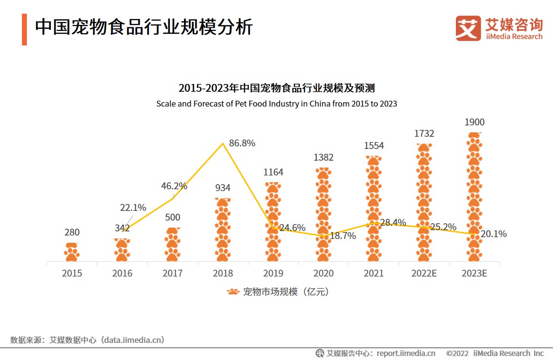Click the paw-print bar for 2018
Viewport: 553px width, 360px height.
pyautogui.click(x=223, y=230)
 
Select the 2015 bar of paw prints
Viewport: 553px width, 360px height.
pyautogui.click(x=72, y=252)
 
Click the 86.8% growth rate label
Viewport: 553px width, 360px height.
pyautogui.click(x=242, y=143)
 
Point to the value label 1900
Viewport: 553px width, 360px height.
pyautogui.click(x=474, y=122)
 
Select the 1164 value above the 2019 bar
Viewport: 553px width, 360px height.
pyautogui.click(x=273, y=172)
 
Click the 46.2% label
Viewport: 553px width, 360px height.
pyautogui.click(x=174, y=186)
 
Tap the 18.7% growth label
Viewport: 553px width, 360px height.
pyautogui.click(x=343, y=235)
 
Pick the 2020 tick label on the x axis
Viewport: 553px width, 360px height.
pyautogui.click(x=323, y=273)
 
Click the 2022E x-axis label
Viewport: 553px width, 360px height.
pyautogui.click(x=424, y=273)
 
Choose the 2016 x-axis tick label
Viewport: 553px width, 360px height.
pyautogui.click(x=122, y=273)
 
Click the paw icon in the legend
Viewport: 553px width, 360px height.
pyautogui.click(x=233, y=292)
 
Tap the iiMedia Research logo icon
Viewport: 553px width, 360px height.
pyautogui.click(x=468, y=28)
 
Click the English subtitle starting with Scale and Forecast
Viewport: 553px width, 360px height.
pyautogui.click(x=276, y=104)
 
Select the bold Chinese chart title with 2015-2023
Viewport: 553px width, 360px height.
pyautogui.click(x=276, y=88)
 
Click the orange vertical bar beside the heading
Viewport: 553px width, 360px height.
pyautogui.click(x=24, y=29)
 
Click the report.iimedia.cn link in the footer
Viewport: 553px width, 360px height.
pyautogui.click(x=406, y=353)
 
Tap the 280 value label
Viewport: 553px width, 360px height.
pyautogui.click(x=72, y=232)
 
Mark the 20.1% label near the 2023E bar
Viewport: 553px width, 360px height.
pyautogui.click(x=493, y=234)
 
